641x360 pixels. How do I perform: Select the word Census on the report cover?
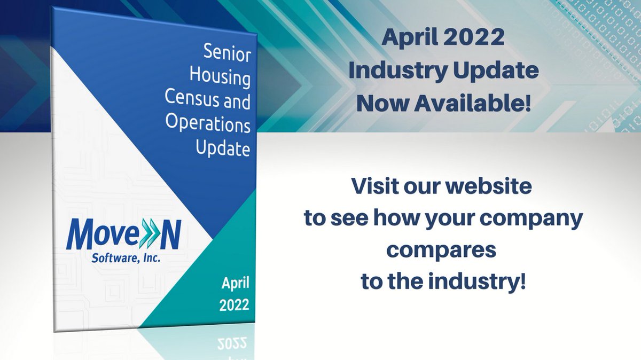tap(193, 101)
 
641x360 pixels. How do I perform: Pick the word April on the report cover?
tap(234, 283)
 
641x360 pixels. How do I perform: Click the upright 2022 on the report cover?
tap(234, 305)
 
